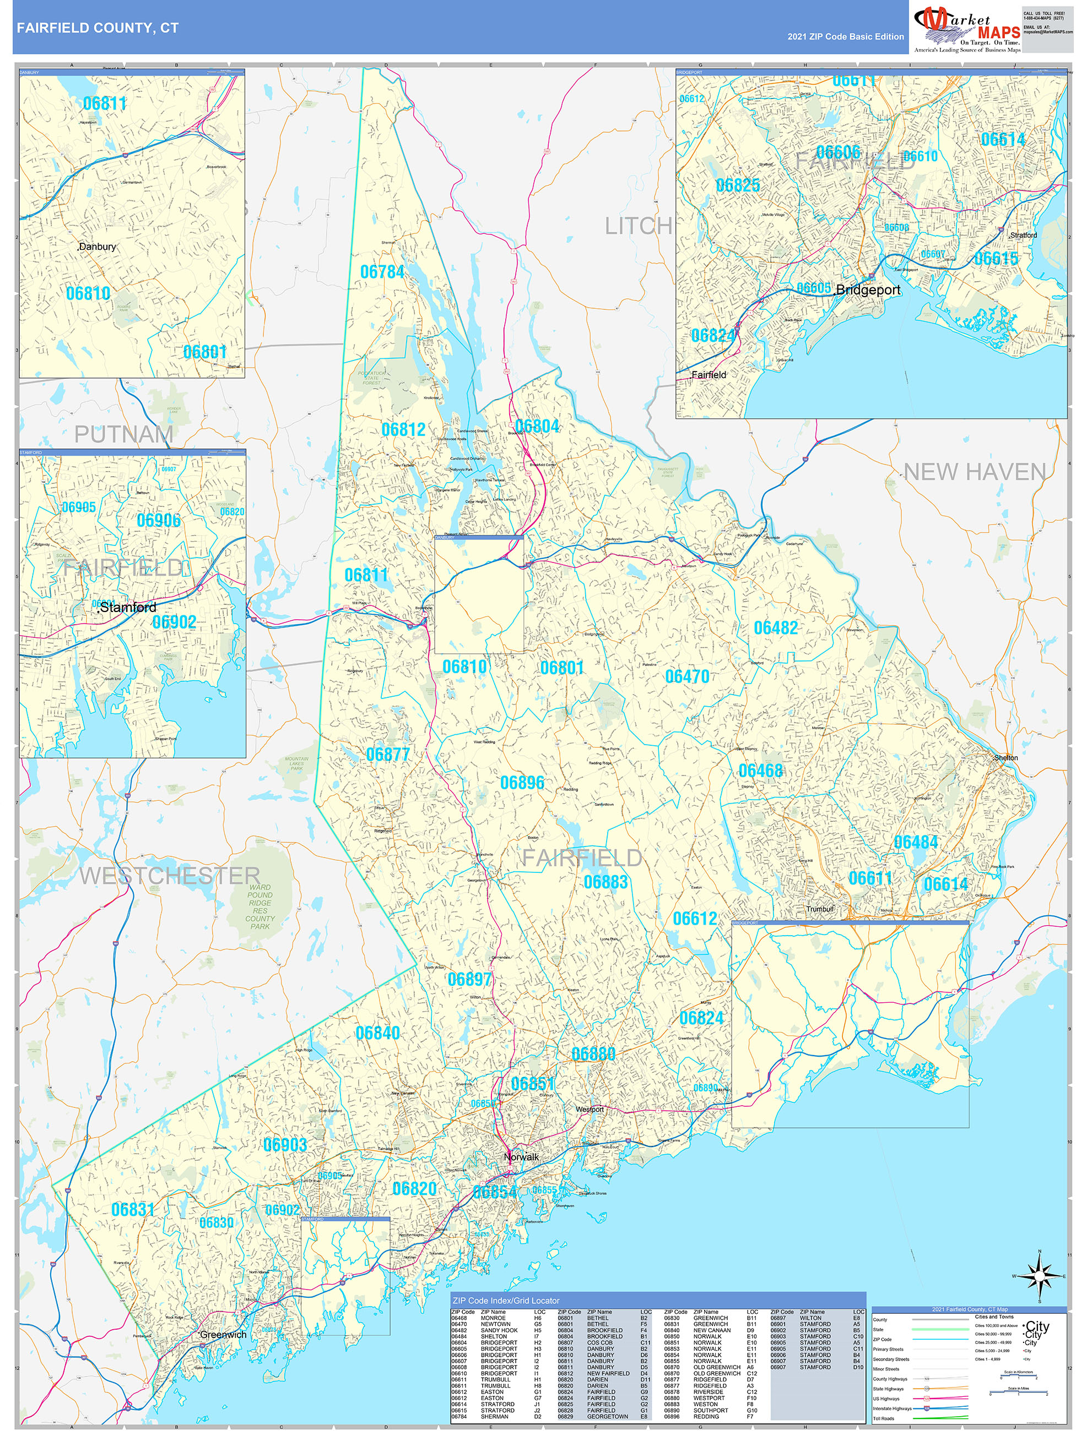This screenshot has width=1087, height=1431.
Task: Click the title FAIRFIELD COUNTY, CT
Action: click(97, 28)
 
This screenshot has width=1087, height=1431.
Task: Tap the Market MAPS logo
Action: click(966, 30)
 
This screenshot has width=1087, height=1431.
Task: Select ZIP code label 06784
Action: click(382, 272)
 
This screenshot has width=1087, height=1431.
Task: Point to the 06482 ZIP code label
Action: click(776, 627)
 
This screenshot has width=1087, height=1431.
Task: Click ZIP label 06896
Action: click(522, 783)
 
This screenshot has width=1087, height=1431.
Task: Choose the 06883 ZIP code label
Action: click(605, 882)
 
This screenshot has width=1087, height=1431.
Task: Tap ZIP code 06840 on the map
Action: click(377, 1033)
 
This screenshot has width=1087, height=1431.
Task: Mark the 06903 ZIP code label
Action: click(285, 1144)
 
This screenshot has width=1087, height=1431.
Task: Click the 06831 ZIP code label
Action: click(133, 1209)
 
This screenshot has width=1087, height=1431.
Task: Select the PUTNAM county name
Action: click(123, 434)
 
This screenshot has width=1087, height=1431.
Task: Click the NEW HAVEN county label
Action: click(975, 472)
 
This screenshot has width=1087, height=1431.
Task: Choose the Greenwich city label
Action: click(223, 1335)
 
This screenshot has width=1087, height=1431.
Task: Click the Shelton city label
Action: click(1006, 757)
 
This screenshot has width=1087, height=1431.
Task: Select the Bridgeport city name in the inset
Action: click(868, 290)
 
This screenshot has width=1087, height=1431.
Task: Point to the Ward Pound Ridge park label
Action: click(259, 906)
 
